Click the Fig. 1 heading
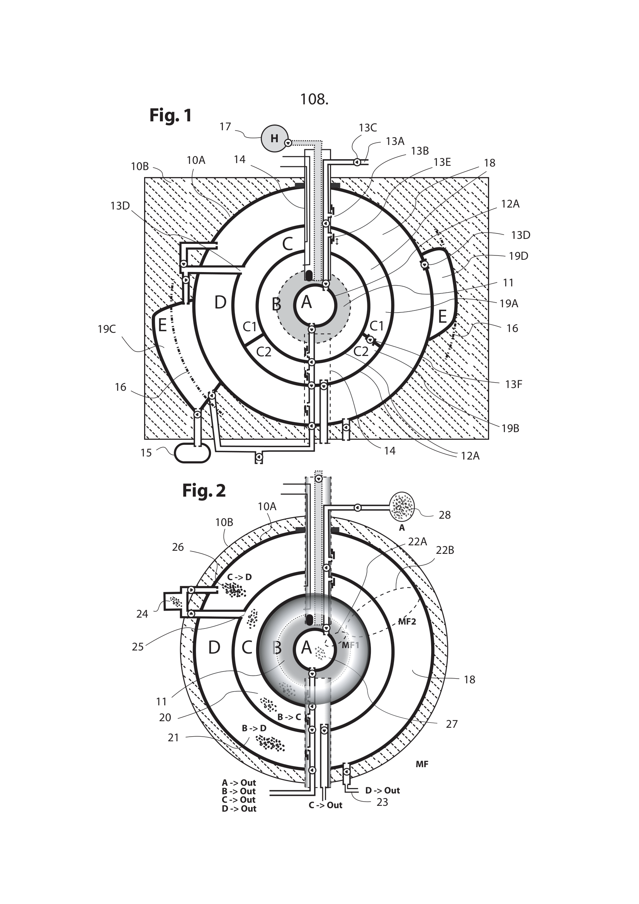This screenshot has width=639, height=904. pyautogui.click(x=170, y=115)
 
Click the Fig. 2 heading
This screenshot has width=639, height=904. pyautogui.click(x=204, y=490)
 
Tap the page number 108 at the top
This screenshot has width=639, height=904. pyautogui.click(x=314, y=99)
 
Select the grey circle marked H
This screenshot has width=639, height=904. pyautogui.click(x=274, y=138)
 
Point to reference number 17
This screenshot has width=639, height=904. pyautogui.click(x=225, y=126)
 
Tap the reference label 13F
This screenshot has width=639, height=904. pyautogui.click(x=513, y=384)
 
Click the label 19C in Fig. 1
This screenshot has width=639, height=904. pyautogui.click(x=107, y=329)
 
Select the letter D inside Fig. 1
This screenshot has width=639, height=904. pyautogui.click(x=220, y=302)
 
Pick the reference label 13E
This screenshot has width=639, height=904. pyautogui.click(x=442, y=162)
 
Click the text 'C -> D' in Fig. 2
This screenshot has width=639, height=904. pyautogui.click(x=239, y=577)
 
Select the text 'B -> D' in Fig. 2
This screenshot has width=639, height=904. pyautogui.click(x=254, y=729)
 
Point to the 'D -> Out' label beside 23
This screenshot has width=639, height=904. pyautogui.click(x=382, y=790)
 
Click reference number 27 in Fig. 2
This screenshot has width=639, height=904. pyautogui.click(x=451, y=724)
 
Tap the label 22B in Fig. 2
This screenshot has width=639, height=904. pyautogui.click(x=445, y=550)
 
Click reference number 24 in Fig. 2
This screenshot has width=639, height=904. pyautogui.click(x=142, y=614)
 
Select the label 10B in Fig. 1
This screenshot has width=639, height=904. pyautogui.click(x=140, y=167)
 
